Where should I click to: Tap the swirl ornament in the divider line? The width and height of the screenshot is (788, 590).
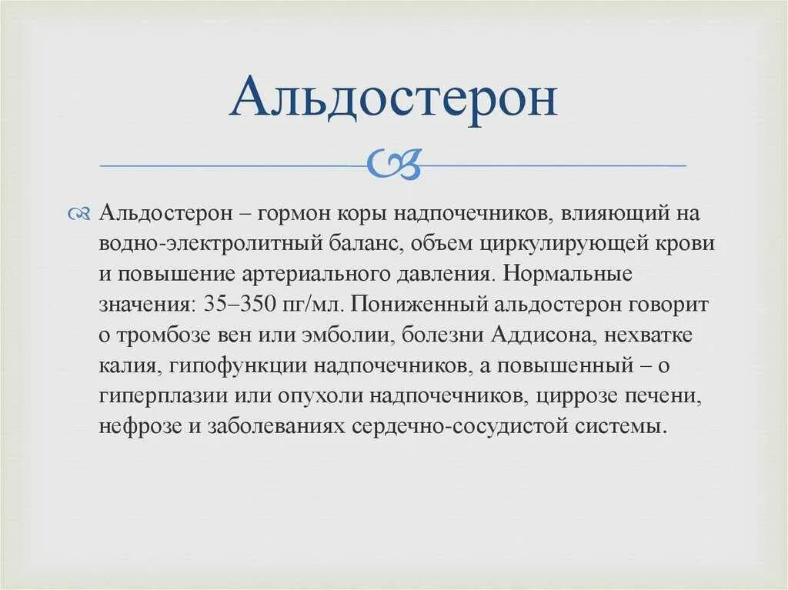(x=394, y=163)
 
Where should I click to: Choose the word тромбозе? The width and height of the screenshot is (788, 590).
(x=155, y=335)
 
